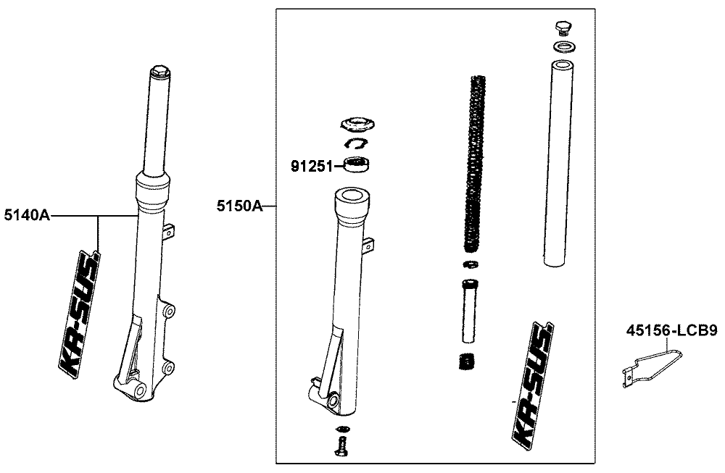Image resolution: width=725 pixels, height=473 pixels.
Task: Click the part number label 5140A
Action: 26,216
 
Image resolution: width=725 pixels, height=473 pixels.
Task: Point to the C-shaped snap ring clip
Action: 355,143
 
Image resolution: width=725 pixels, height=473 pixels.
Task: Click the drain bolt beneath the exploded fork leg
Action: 340,446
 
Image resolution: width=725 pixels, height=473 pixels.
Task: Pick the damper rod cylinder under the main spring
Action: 468,309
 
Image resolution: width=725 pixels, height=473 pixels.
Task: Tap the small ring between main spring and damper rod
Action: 470,263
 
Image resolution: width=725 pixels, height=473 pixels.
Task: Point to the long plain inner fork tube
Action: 561,163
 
